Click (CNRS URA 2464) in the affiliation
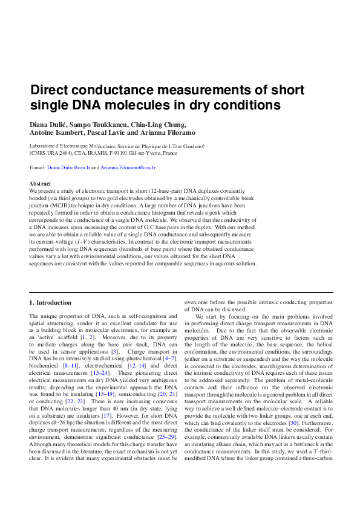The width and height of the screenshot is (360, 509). [51, 154]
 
